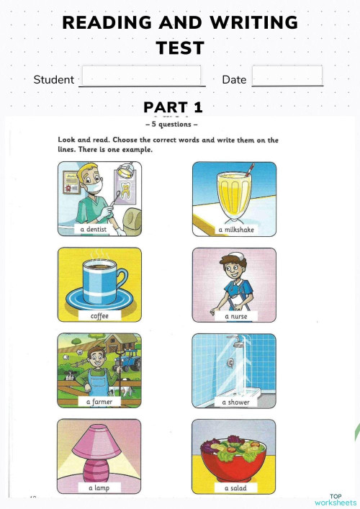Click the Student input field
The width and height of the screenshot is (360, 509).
pos(141,76)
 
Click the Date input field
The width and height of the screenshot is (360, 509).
pos(287,76)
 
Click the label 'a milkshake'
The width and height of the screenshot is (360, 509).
pos(236,230)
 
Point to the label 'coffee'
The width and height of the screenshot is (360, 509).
pos(99,316)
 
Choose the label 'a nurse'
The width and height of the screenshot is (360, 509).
pos(236,316)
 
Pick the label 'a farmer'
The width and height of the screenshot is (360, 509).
pos(99,402)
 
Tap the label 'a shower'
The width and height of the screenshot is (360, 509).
pos(235,402)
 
